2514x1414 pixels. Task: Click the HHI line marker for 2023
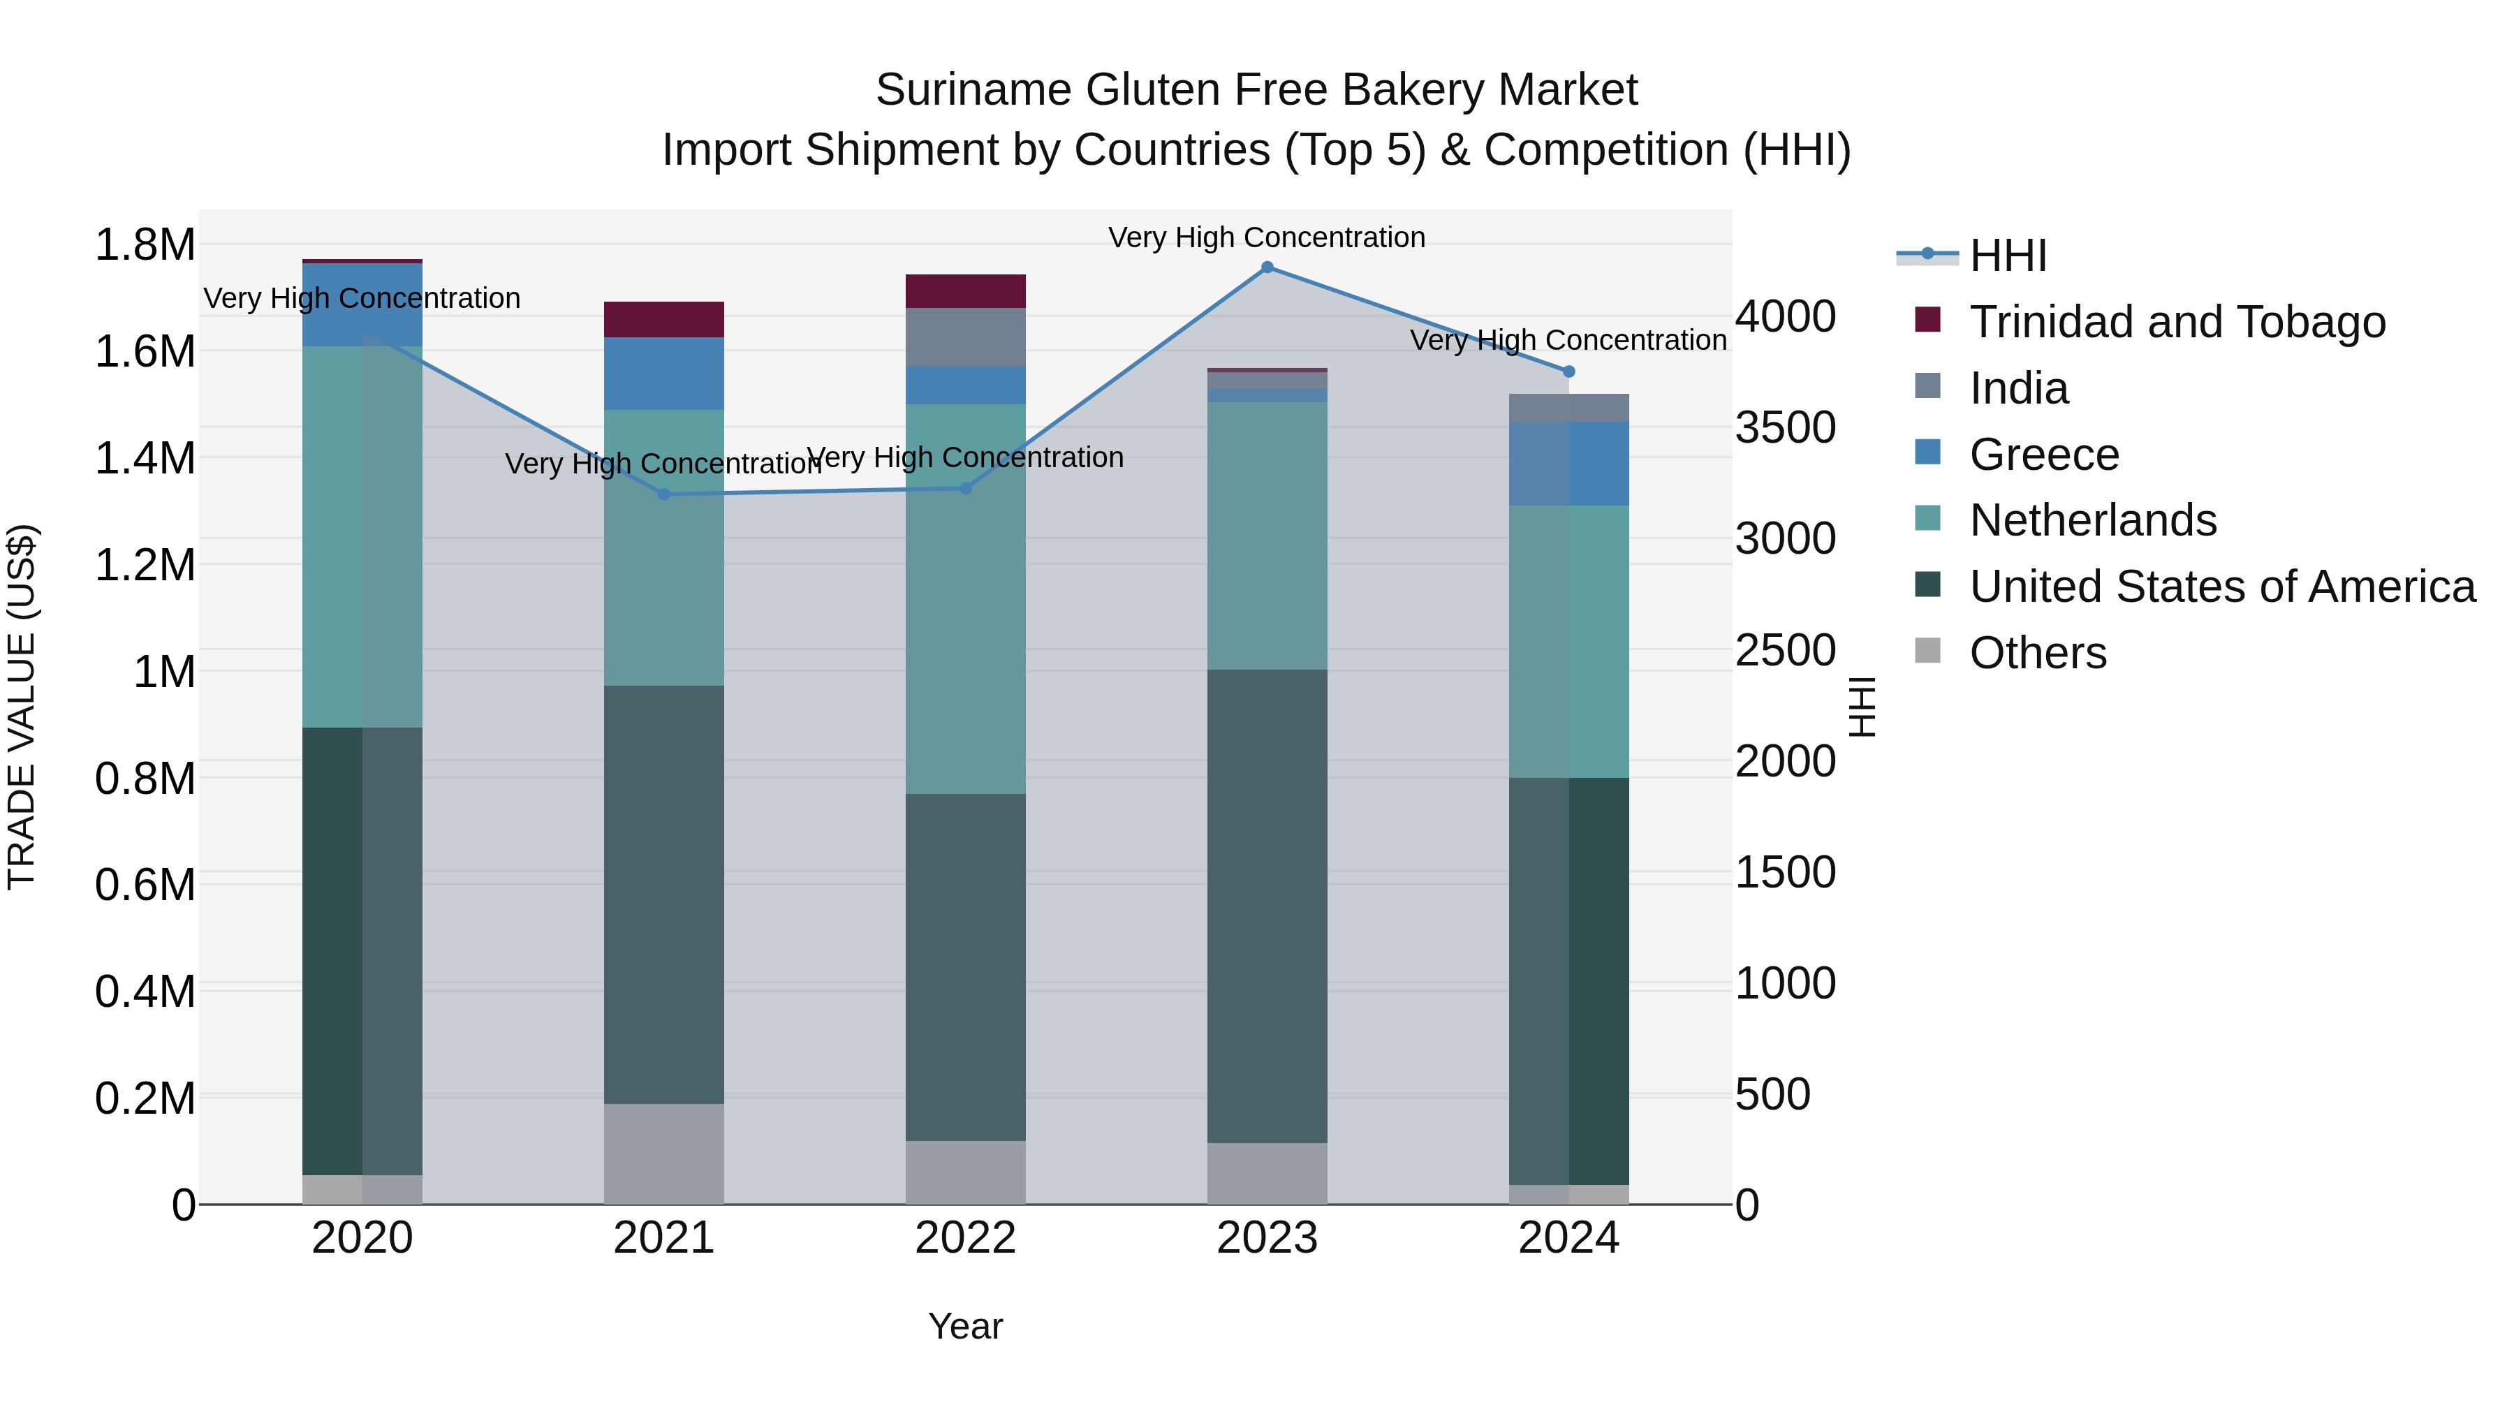coord(1267,267)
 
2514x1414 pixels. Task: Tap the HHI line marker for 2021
coord(663,495)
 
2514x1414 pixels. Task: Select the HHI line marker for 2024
coord(1568,371)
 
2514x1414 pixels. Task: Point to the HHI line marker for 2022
coord(965,489)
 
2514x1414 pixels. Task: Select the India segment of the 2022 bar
coord(965,338)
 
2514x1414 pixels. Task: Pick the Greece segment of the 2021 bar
coord(663,374)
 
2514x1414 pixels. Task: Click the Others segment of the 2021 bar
coord(663,1154)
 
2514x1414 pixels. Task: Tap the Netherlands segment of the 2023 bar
coord(1267,536)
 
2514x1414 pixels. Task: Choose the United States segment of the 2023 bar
coord(1267,906)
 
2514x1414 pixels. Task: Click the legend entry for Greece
coord(2043,455)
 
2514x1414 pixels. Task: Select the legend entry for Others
coord(2037,653)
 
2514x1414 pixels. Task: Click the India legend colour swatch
coord(1927,386)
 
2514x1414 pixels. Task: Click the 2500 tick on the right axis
coord(1785,650)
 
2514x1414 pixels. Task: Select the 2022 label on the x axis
coord(965,1238)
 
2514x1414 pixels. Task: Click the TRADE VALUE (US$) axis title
coord(22,707)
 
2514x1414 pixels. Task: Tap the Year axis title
coord(965,1326)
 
